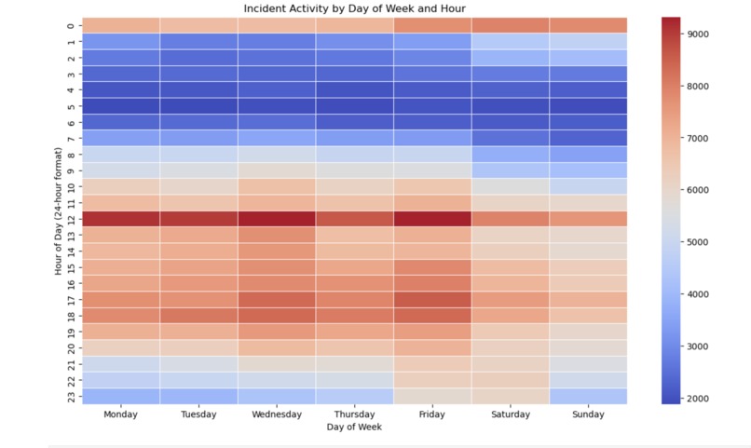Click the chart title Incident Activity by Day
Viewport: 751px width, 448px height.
click(354, 8)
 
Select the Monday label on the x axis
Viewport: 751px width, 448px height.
click(120, 414)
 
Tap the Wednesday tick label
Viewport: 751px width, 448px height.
click(276, 414)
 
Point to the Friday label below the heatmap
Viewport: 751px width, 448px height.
click(431, 414)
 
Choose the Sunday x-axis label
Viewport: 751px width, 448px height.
click(587, 414)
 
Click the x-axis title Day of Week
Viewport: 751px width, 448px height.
click(354, 427)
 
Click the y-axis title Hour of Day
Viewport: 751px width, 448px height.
click(58, 211)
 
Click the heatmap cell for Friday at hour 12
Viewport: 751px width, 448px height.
click(431, 219)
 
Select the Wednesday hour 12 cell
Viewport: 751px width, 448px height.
click(276, 219)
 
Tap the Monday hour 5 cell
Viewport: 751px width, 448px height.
click(120, 106)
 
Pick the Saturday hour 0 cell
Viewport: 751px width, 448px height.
click(510, 25)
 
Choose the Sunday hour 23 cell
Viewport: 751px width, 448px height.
click(587, 397)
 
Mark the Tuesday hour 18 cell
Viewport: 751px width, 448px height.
click(198, 316)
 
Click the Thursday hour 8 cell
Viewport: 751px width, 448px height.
click(354, 155)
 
